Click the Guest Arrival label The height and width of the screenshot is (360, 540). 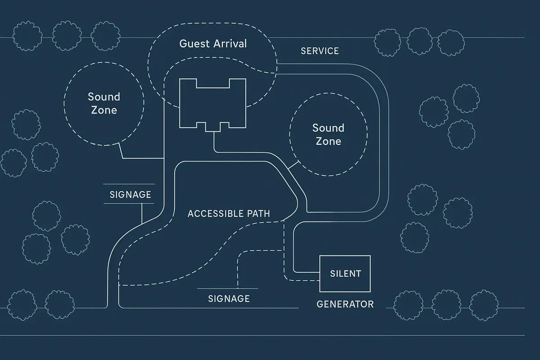(x=213, y=44)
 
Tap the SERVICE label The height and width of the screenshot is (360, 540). (x=319, y=51)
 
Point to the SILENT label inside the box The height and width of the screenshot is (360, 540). (x=345, y=273)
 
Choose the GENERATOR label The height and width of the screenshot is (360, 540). (x=345, y=304)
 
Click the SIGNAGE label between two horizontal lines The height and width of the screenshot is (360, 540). (x=130, y=195)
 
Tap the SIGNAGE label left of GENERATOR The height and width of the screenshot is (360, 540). (x=229, y=298)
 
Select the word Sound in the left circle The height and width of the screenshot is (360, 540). (x=104, y=97)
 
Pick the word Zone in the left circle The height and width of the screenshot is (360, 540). (x=104, y=110)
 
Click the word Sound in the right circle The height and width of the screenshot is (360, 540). (x=328, y=128)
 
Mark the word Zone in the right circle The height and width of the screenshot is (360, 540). (x=328, y=141)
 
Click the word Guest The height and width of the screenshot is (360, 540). (x=195, y=44)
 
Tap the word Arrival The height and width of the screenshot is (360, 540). (x=230, y=44)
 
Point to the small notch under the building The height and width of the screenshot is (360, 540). (x=213, y=127)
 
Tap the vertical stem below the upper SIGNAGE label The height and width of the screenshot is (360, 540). (x=142, y=213)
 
